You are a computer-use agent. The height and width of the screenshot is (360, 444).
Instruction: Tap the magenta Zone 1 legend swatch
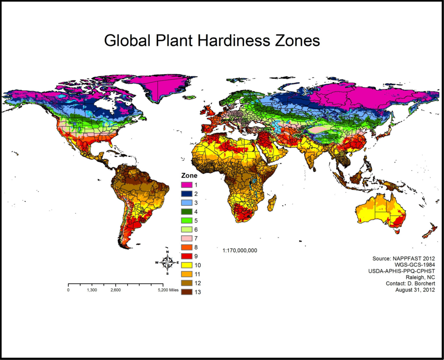[x=186, y=185]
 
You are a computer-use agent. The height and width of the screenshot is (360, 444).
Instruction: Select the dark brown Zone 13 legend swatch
[x=186, y=292]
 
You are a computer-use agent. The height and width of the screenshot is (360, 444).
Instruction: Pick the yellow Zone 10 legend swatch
[x=186, y=265]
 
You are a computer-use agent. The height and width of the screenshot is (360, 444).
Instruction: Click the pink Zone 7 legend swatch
[x=186, y=238]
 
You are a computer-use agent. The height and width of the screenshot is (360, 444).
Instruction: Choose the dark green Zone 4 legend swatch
[x=186, y=211]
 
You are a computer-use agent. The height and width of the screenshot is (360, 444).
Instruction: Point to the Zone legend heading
[x=189, y=176]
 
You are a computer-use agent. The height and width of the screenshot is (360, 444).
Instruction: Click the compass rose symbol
[x=167, y=262]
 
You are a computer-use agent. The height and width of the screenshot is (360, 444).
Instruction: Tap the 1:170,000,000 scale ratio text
[x=240, y=250]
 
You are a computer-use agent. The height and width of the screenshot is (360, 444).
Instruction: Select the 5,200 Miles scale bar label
[x=168, y=290]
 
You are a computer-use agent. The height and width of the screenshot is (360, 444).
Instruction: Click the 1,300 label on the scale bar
[x=92, y=290]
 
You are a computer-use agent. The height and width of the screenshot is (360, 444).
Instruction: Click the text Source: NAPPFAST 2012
[x=403, y=258]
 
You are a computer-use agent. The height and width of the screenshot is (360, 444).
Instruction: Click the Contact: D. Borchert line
[x=410, y=283]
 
